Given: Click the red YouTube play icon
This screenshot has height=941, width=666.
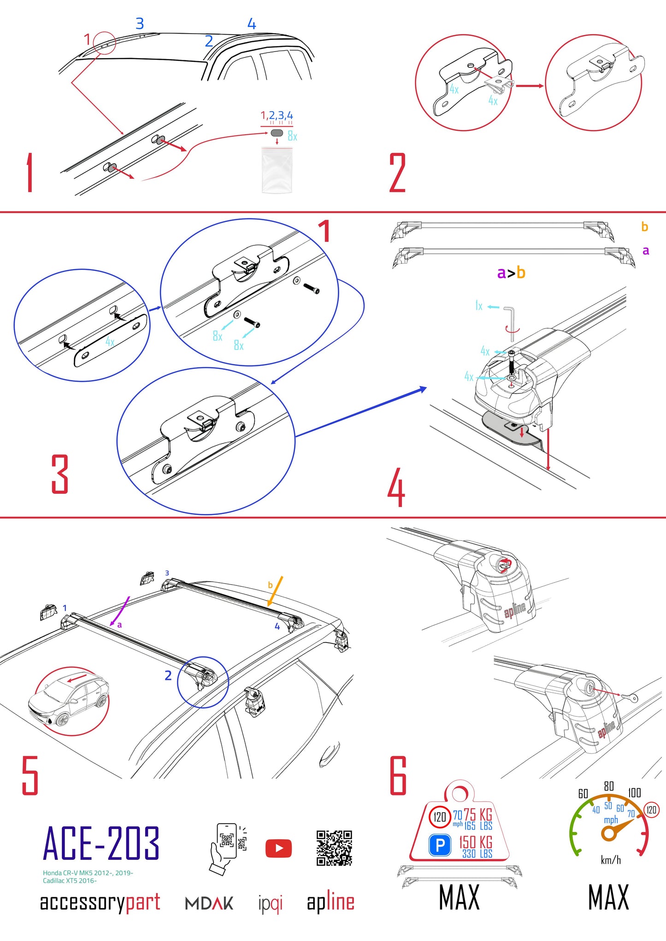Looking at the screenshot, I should pyautogui.click(x=278, y=848).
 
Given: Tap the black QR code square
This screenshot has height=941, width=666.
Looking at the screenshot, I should pyautogui.click(x=334, y=848).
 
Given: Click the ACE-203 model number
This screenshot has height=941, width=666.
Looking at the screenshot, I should pyautogui.click(x=101, y=844).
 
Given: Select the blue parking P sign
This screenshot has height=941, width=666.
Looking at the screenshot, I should pyautogui.click(x=440, y=845).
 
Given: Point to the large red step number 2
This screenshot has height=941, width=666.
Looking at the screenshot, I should pyautogui.click(x=397, y=173).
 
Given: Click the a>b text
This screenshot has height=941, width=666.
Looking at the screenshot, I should pyautogui.click(x=511, y=273).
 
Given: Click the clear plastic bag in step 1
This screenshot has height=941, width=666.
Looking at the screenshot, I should pyautogui.click(x=277, y=169).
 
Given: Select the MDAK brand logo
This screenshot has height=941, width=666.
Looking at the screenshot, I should pyautogui.click(x=209, y=903).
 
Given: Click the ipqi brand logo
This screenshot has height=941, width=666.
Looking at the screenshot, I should pyautogui.click(x=270, y=904).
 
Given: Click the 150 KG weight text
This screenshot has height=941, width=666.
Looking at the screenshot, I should pyautogui.click(x=475, y=842).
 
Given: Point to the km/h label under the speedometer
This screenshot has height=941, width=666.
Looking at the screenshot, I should pyautogui.click(x=611, y=860).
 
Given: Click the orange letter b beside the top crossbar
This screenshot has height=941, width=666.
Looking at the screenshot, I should pyautogui.click(x=644, y=227).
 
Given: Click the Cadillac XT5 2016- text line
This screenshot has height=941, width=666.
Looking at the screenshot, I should pyautogui.click(x=70, y=881).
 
